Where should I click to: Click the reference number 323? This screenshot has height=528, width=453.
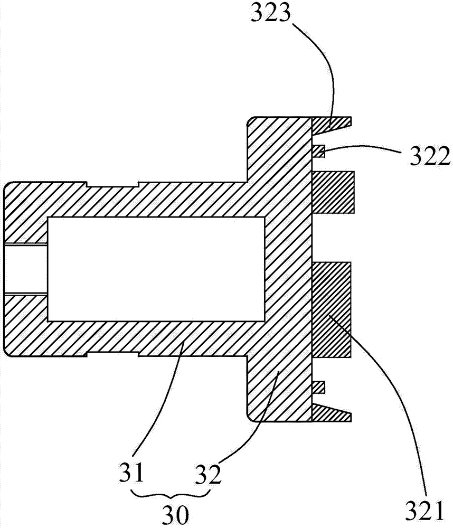pyautogui.click(x=270, y=13)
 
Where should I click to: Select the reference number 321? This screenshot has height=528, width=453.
pyautogui.click(x=424, y=512)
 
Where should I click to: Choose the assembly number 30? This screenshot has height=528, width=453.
pyautogui.click(x=175, y=514)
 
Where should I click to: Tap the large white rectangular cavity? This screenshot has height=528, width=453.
pyautogui.click(x=156, y=269)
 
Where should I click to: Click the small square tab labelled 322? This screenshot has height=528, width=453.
pyautogui.click(x=318, y=151)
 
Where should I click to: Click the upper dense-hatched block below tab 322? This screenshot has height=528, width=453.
pyautogui.click(x=334, y=192)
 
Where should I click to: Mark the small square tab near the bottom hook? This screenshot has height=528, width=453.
pyautogui.click(x=318, y=387)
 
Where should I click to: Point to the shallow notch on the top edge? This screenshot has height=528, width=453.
pyautogui.click(x=113, y=184)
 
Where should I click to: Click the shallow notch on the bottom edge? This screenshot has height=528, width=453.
pyautogui.click(x=113, y=354)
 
